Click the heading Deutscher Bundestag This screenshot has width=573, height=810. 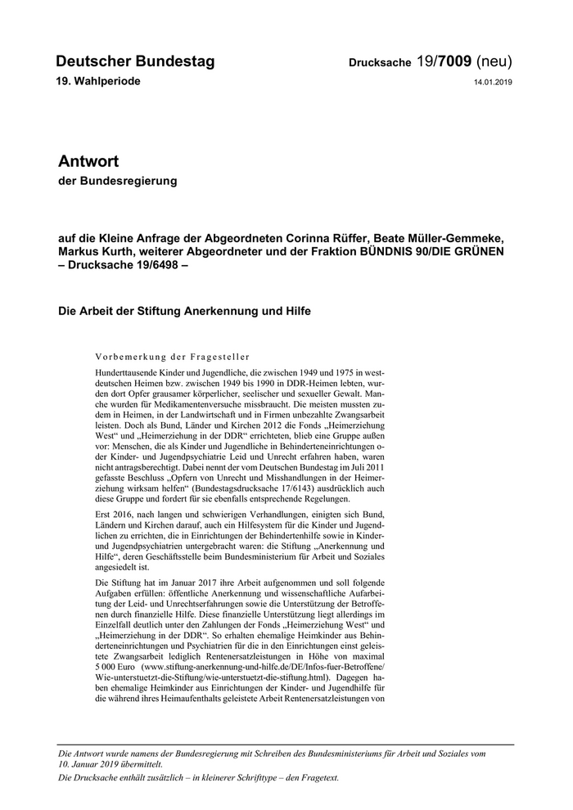135,61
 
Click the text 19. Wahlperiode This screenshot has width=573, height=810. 98,82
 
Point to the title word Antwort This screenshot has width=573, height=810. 88,161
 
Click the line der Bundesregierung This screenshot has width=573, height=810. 117,181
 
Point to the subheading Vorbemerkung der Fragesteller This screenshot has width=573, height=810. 172,357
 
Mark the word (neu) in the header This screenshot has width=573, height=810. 494,61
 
